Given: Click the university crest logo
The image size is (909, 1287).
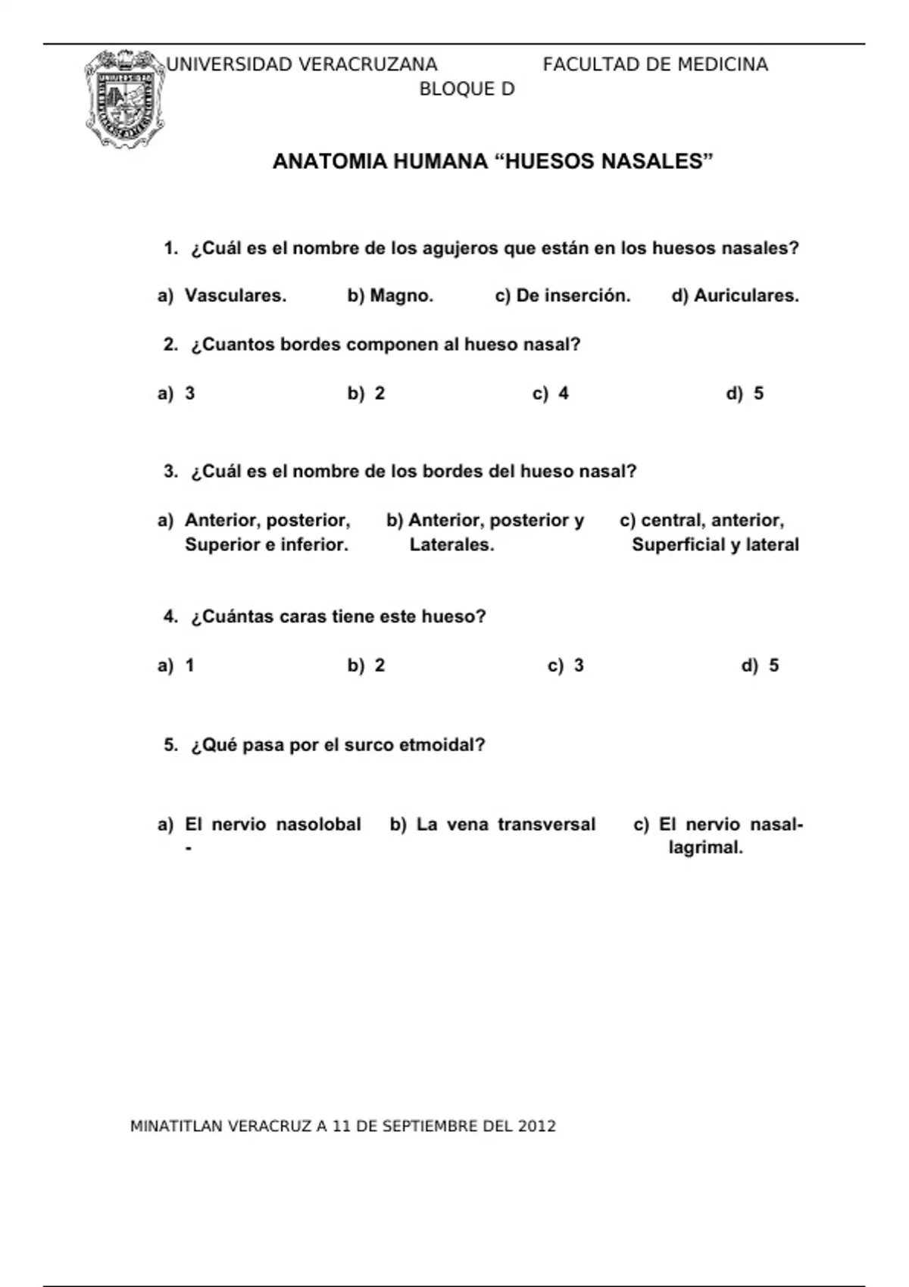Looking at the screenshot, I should point(124,98).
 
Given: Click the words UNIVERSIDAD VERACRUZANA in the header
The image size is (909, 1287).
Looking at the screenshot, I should point(301,65).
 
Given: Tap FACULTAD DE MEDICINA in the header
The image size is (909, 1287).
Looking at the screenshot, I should point(655,65).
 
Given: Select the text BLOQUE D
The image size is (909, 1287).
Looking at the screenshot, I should point(467,89).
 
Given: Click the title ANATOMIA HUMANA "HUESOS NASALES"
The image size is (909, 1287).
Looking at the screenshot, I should point(493,161).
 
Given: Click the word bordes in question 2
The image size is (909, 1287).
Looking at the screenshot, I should point(311,345).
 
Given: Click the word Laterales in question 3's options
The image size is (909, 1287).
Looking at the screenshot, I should point(451,545).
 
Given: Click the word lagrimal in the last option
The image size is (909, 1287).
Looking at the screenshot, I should point(704,848).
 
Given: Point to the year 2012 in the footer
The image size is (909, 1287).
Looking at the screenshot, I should point(536,1127).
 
